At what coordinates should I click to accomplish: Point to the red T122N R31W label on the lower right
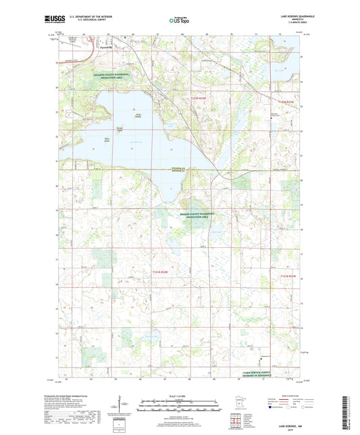288,277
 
